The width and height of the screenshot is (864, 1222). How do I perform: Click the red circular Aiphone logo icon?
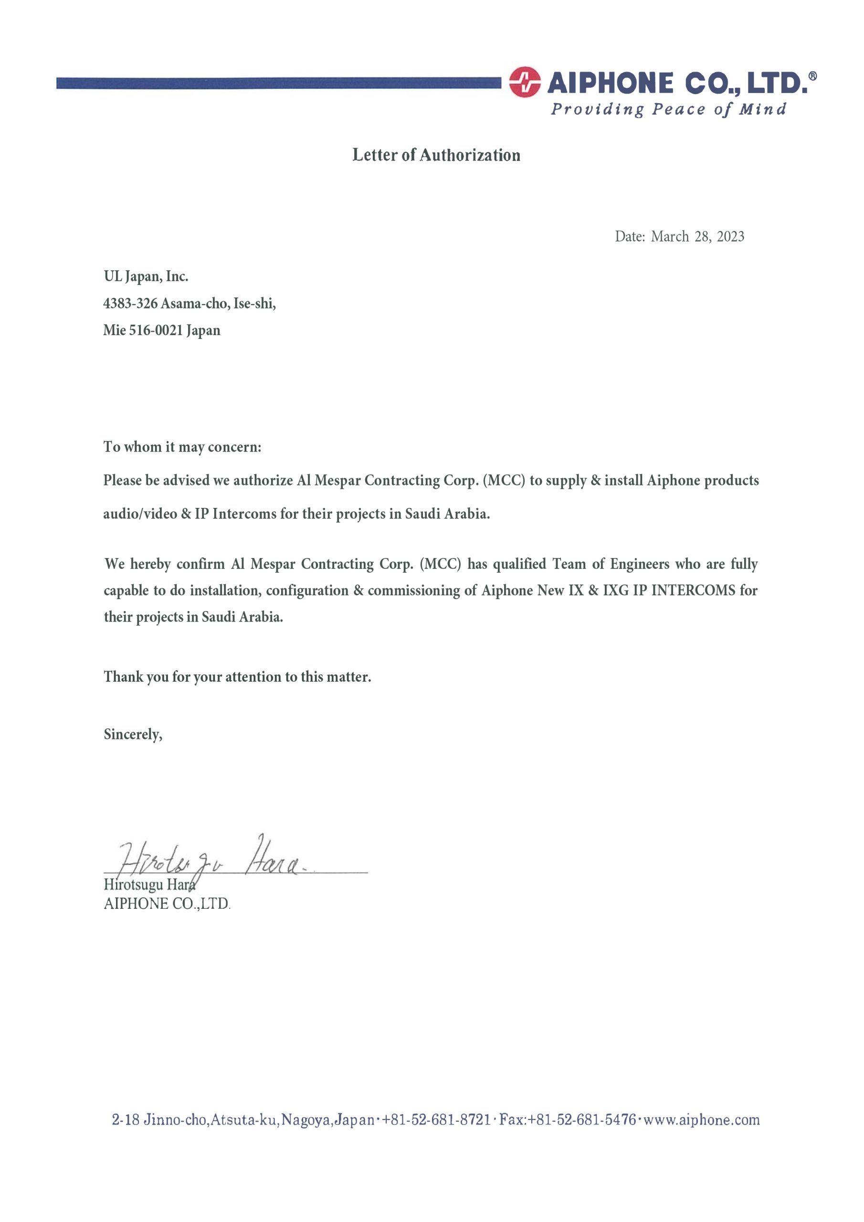(524, 82)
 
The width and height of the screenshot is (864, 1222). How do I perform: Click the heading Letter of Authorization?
(436, 155)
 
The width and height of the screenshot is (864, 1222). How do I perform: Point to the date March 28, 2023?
(697, 236)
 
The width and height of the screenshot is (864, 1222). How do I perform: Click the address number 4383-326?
(130, 304)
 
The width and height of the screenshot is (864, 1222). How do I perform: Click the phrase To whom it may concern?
(182, 446)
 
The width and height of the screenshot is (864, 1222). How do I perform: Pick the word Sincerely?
(133, 735)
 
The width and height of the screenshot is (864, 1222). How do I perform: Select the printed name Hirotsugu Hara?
(149, 885)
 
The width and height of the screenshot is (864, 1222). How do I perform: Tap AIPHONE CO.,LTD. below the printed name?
(167, 904)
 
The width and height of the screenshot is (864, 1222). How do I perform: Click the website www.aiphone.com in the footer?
(702, 1120)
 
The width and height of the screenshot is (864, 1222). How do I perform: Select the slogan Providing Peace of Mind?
(668, 109)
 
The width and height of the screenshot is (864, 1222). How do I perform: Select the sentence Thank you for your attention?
(237, 676)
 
